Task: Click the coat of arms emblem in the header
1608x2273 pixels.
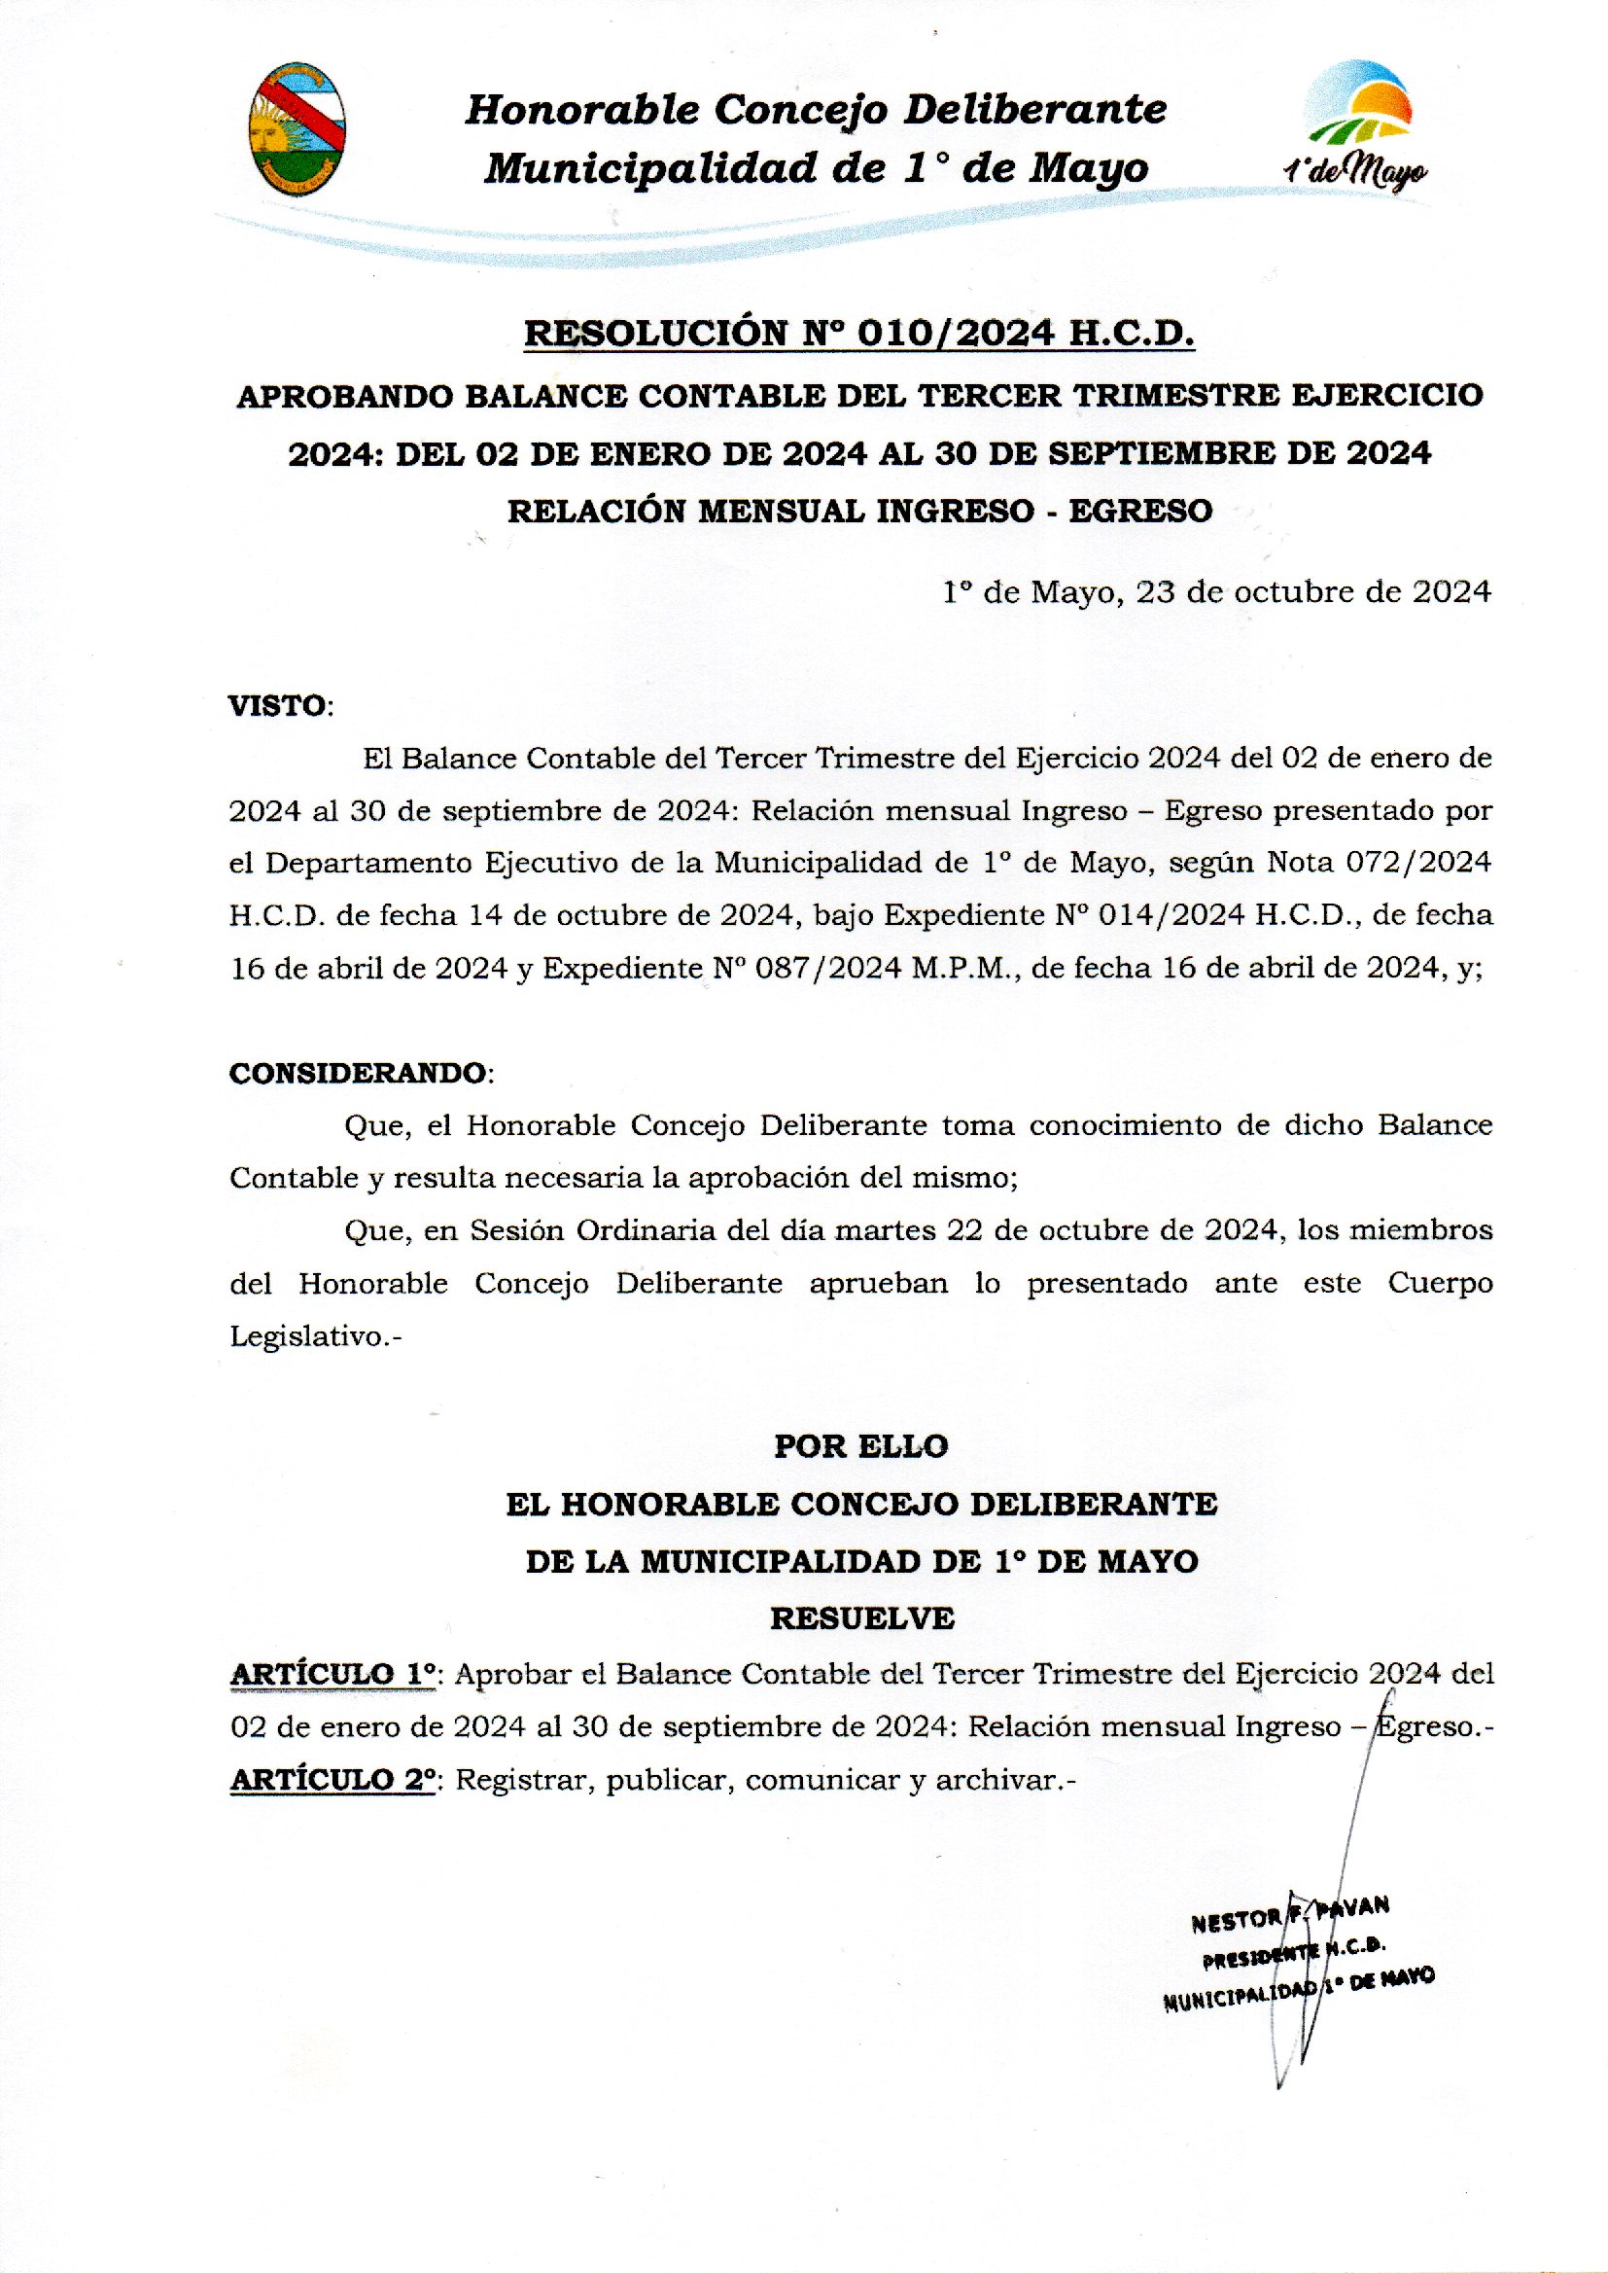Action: [x=296, y=128]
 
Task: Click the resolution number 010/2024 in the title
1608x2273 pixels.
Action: [x=955, y=334]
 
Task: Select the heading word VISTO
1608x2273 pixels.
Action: [x=277, y=706]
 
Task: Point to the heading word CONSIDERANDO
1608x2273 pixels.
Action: [x=358, y=1074]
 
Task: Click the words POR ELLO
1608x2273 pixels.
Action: [x=860, y=1446]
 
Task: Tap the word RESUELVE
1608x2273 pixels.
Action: [x=861, y=1618]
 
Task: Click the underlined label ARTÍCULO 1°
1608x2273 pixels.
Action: [x=333, y=1675]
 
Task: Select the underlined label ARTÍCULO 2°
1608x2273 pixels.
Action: [x=333, y=1780]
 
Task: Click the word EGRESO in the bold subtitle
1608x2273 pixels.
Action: [x=1140, y=511]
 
